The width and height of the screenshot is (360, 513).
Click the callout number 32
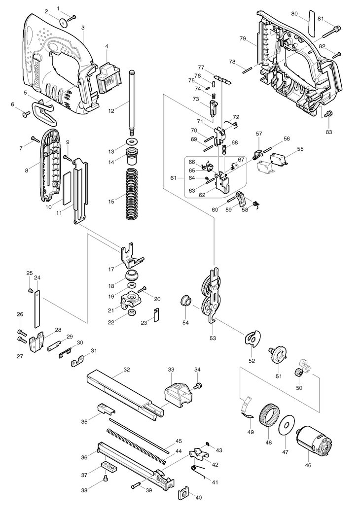127,370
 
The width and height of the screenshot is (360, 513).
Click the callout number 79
243,38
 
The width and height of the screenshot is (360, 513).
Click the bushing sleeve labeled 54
186,300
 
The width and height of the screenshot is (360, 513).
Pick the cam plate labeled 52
252,339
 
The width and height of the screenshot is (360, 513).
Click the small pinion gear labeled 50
298,373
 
